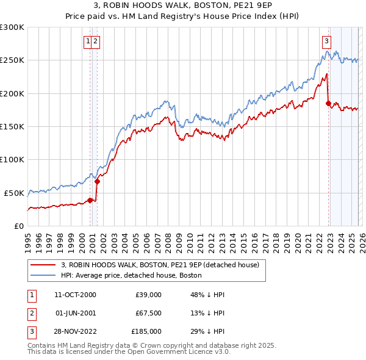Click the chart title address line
pyautogui.click(x=183, y=5)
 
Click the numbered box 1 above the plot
pyautogui.click(x=88, y=41)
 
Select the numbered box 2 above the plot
pyautogui.click(x=96, y=41)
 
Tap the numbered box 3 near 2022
pyautogui.click(x=326, y=41)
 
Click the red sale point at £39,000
pyautogui.click(x=90, y=200)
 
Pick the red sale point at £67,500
pyautogui.click(x=97, y=181)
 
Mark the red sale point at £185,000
pyautogui.click(x=328, y=104)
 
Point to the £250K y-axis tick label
pyautogui.click(x=12, y=60)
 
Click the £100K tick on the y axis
pyautogui.click(x=12, y=159)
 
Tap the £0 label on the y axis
pyautogui.click(x=18, y=226)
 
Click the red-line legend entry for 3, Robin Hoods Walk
pyautogui.click(x=160, y=265)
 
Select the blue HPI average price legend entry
pyautogui.click(x=131, y=275)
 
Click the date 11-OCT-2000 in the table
pyautogui.click(x=75, y=295)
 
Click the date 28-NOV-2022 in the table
pyautogui.click(x=75, y=331)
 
